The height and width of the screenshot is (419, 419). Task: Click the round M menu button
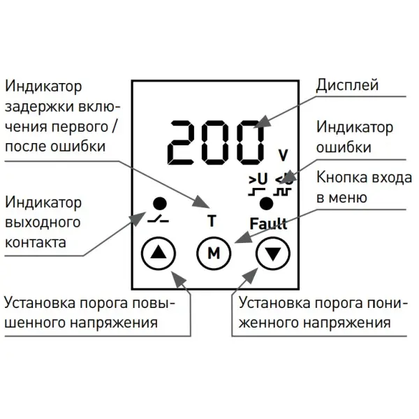click(214, 253)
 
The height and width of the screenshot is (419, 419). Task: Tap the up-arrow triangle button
click(159, 253)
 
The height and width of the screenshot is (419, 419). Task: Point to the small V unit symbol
click(283, 155)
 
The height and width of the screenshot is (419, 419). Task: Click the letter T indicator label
click(212, 221)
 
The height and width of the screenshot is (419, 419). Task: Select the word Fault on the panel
click(268, 223)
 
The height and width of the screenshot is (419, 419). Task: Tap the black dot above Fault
click(266, 204)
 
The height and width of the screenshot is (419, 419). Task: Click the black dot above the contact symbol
click(160, 204)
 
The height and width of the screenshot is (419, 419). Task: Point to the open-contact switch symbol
click(158, 219)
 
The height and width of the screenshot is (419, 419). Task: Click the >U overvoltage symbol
click(258, 179)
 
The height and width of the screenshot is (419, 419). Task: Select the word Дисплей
click(347, 85)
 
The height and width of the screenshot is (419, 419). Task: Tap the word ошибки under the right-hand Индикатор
click(344, 147)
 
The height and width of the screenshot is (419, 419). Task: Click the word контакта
click(36, 242)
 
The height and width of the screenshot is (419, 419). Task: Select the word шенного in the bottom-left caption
click(36, 323)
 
